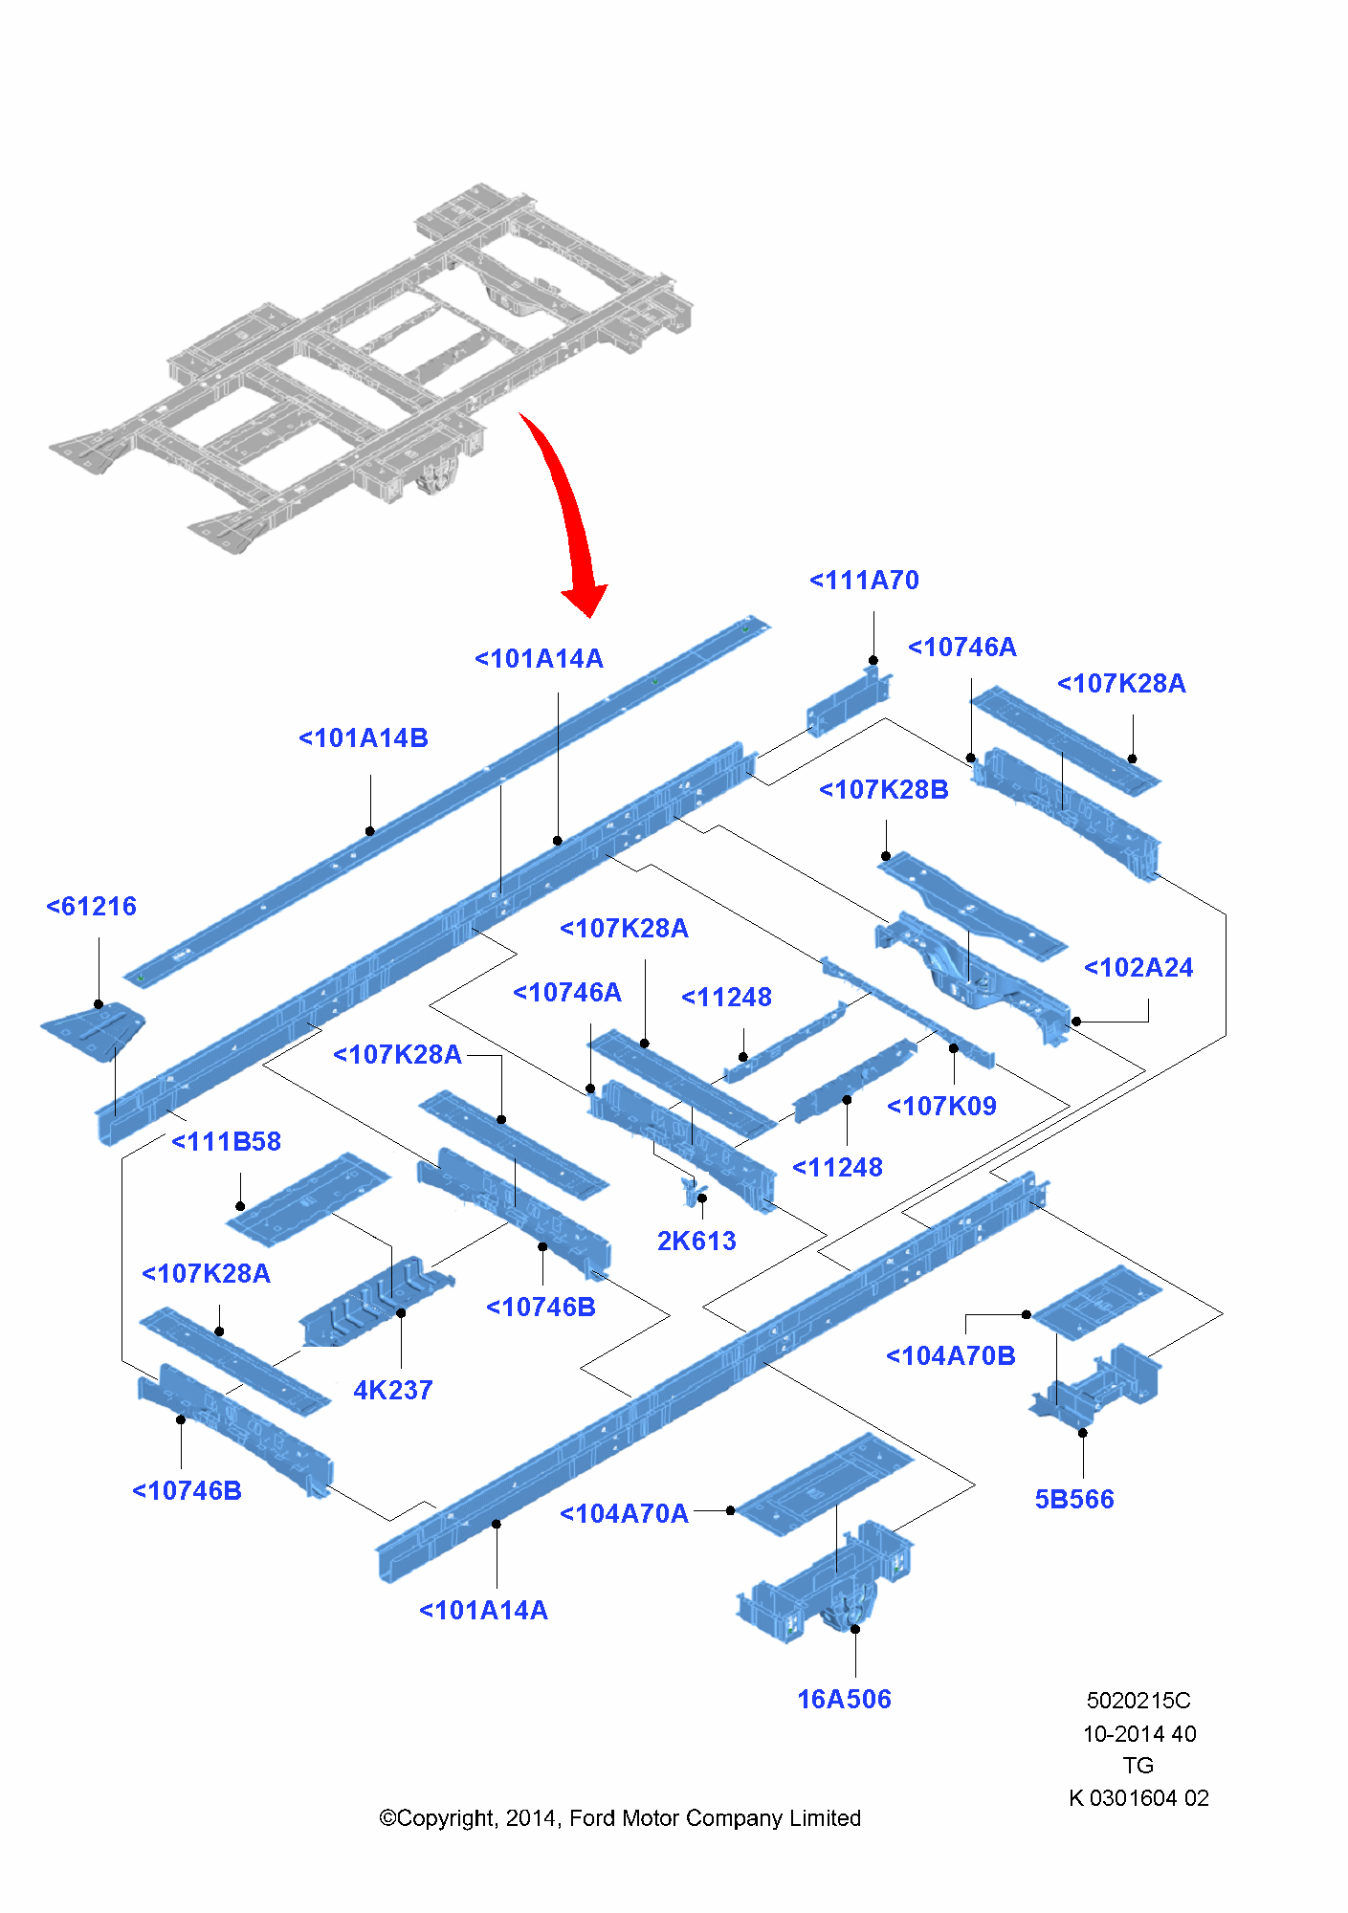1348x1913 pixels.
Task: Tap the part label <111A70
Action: (864, 581)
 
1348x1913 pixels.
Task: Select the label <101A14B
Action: (364, 738)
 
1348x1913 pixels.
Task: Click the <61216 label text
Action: (92, 907)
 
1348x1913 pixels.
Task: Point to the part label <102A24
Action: (1138, 968)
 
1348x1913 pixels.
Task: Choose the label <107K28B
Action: (884, 790)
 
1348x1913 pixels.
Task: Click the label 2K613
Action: (696, 1242)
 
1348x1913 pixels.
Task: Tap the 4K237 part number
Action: (393, 1391)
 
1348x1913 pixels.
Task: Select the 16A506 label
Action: (844, 1700)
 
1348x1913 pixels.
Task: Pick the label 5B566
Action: (1074, 1500)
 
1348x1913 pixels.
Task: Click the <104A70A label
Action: (624, 1514)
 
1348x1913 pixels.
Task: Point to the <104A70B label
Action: (950, 1356)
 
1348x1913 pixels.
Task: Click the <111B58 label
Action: (226, 1142)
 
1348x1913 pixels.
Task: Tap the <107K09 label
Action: (941, 1107)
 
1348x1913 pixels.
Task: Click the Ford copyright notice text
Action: (620, 1818)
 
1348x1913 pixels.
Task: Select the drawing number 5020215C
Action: (1138, 1701)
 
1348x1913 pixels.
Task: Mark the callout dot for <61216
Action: (99, 1004)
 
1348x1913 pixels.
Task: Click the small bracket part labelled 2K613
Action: (691, 1190)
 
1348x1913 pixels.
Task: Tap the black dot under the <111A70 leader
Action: (873, 660)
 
